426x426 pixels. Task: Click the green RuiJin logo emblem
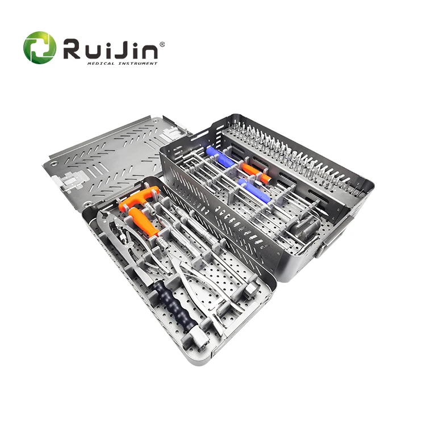(x=40, y=48)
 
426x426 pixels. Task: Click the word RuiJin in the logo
(x=110, y=50)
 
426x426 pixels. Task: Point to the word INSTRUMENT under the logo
(x=138, y=64)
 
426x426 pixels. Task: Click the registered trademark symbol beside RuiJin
(x=162, y=44)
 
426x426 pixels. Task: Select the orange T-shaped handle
(x=135, y=198)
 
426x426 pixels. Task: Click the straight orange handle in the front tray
(x=144, y=223)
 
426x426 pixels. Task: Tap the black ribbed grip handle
(x=174, y=304)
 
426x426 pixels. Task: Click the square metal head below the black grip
(x=201, y=339)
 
